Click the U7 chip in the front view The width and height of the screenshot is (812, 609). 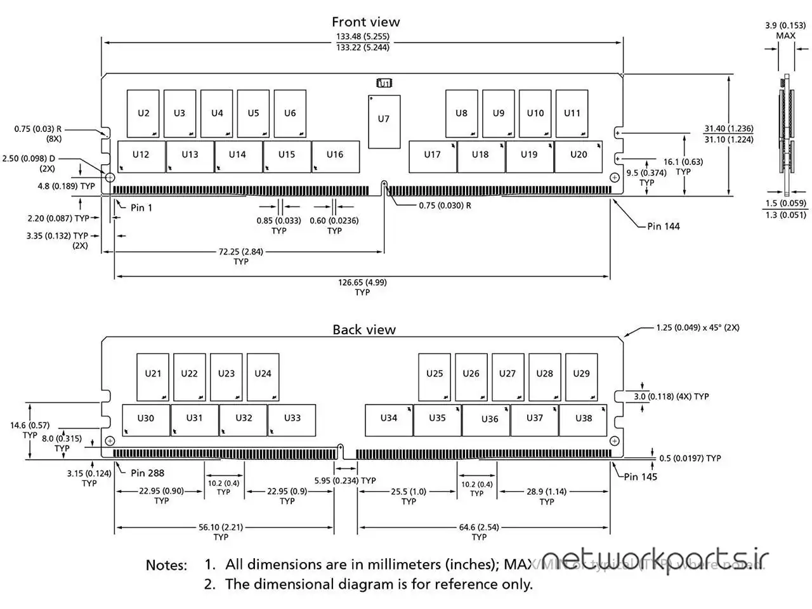coord(384,120)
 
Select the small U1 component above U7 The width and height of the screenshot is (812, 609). coord(384,83)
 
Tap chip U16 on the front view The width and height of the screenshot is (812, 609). coord(335,155)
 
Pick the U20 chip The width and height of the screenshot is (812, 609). coord(578,155)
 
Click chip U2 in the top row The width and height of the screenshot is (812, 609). coord(143,114)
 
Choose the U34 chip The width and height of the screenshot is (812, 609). coord(388,419)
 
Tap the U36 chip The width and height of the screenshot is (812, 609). coord(489,419)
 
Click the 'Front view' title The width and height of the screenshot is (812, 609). coord(365,22)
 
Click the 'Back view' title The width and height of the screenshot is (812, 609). coord(364,330)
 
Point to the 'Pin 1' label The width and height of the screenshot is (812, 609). coord(141,207)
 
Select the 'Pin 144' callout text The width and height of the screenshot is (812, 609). coord(663,226)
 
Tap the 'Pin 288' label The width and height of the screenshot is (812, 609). coord(147,473)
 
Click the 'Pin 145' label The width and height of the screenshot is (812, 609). coord(640,476)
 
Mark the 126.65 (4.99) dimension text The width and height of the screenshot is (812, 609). coord(362,282)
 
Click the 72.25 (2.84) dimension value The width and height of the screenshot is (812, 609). coord(241,252)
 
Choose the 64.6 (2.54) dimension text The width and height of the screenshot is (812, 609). coord(479,527)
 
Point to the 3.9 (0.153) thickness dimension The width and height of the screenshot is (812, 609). coord(785,25)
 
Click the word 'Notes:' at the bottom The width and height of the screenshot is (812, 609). coord(166,565)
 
